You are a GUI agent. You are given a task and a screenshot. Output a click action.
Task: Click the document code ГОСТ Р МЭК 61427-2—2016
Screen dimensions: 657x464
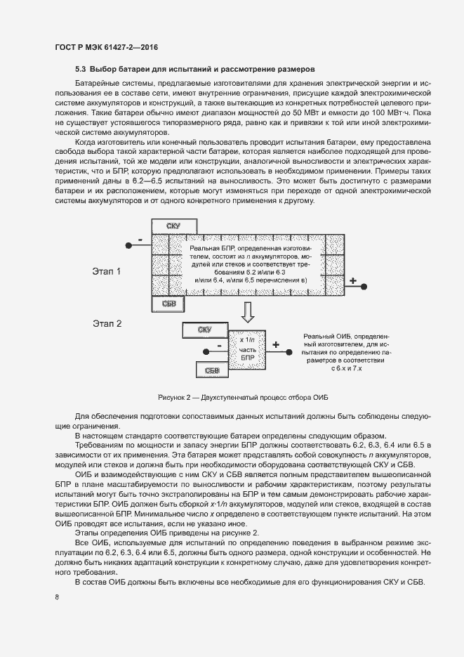106,47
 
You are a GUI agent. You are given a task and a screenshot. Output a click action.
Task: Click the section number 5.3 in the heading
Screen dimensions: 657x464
80,70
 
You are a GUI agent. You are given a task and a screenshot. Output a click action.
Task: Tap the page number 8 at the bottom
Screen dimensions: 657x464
56,597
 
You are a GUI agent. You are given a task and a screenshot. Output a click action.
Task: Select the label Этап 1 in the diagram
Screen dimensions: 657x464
107,271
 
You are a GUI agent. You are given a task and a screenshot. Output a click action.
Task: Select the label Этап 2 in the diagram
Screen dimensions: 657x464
107,324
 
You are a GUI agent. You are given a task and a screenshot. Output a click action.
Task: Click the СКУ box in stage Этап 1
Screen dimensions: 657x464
173,226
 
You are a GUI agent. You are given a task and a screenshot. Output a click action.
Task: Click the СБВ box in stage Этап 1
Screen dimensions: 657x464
168,304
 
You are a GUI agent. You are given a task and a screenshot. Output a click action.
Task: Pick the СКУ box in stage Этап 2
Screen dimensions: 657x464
204,329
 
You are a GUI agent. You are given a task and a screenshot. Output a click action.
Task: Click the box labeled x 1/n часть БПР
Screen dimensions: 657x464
249,349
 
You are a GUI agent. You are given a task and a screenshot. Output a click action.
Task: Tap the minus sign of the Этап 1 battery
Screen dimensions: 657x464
140,240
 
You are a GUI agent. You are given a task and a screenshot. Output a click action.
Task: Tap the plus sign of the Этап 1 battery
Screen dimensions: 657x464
353,282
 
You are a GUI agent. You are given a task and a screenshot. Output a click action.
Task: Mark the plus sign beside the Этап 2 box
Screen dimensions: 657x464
275,345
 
